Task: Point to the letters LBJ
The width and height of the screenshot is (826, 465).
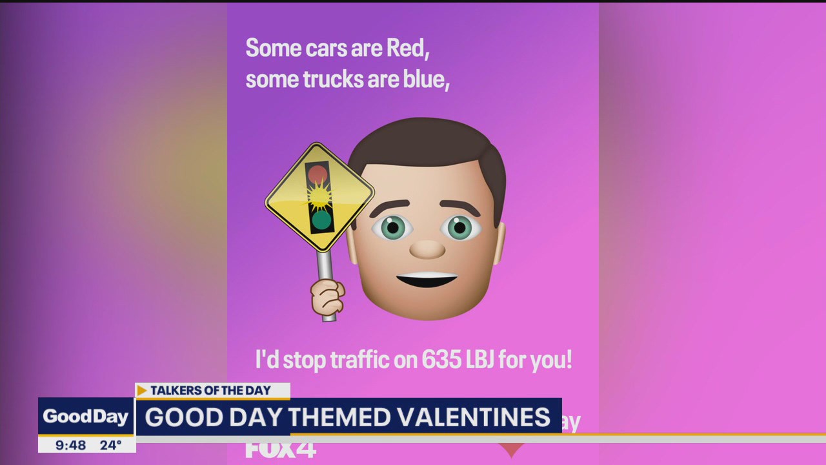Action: click(479, 360)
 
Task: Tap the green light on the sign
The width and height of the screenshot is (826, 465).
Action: click(321, 220)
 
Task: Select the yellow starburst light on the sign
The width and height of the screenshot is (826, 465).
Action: click(319, 196)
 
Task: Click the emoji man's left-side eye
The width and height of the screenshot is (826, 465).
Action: click(392, 227)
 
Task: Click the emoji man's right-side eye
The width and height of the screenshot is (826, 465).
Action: click(459, 227)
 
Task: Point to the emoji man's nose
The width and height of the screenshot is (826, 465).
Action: click(427, 249)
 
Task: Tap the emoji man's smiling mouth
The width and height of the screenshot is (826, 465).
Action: click(427, 281)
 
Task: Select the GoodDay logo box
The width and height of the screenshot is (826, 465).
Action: click(86, 417)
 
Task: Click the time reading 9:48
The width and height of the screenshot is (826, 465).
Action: click(70, 445)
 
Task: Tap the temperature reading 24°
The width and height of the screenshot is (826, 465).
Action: click(110, 445)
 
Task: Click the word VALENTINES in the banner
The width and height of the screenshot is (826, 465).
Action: click(474, 417)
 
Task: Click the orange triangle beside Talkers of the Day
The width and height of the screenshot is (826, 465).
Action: click(142, 391)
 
